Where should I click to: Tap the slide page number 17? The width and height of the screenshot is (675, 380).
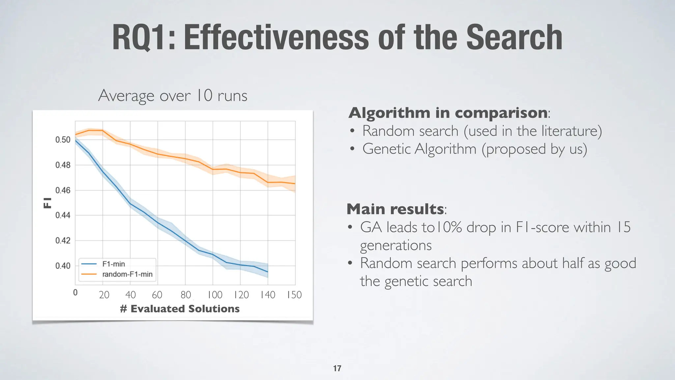pyautogui.click(x=337, y=368)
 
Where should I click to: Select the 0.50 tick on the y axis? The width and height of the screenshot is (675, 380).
pyautogui.click(x=63, y=140)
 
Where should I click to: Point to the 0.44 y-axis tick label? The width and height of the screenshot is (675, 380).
pyautogui.click(x=63, y=215)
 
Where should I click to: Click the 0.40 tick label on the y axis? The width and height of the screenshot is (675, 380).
pyautogui.click(x=63, y=266)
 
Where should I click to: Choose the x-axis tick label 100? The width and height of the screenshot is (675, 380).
pyautogui.click(x=215, y=295)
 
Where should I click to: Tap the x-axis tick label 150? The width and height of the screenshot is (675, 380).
pyautogui.click(x=294, y=295)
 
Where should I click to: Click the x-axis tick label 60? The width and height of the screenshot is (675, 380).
pyautogui.click(x=157, y=295)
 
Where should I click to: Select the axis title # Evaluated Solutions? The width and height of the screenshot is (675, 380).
pyautogui.click(x=180, y=309)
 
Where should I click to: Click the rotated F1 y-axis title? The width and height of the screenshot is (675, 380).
pyautogui.click(x=48, y=203)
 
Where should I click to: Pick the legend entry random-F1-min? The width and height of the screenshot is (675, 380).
pyautogui.click(x=127, y=274)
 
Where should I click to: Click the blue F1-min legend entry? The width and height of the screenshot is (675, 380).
pyautogui.click(x=113, y=264)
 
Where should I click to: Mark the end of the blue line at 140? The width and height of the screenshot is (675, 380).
pyautogui.click(x=268, y=272)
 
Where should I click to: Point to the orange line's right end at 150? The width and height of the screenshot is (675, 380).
pyautogui.click(x=295, y=183)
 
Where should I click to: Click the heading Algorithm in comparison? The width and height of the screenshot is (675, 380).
pyautogui.click(x=448, y=113)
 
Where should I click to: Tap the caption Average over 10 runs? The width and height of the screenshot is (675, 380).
pyautogui.click(x=173, y=96)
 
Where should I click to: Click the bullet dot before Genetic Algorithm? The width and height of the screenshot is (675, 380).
pyautogui.click(x=352, y=149)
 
